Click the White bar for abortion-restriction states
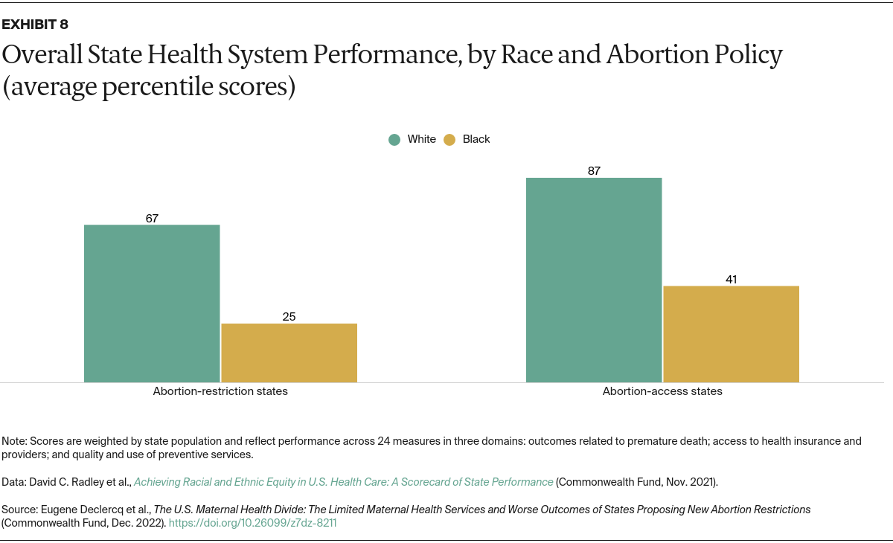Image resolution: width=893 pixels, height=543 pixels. pos(152,303)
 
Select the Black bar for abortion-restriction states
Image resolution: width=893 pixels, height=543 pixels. pos(289,353)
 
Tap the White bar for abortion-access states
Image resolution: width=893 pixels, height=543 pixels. pos(594,280)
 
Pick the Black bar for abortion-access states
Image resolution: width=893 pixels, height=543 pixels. pos(731,334)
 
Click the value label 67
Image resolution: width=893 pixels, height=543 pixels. pos(152,218)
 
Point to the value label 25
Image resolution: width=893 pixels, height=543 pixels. pos(289,317)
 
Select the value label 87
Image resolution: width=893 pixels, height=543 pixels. pos(594,170)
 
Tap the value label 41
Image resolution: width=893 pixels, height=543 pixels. pos(731,280)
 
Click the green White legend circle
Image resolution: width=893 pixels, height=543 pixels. pos(394,139)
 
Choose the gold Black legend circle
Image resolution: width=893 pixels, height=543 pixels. pos(449,139)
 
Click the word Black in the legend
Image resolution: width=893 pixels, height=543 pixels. pos(476,139)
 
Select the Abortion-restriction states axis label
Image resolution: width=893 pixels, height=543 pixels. pos(220,391)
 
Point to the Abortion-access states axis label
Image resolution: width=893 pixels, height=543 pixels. pos(662,391)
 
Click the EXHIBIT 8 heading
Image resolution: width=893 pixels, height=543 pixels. pos(35,25)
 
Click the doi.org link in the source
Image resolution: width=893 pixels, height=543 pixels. pos(253,523)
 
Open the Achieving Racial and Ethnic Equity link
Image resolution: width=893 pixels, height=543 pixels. pos(344,482)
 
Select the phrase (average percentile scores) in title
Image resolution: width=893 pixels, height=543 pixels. pos(149,88)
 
